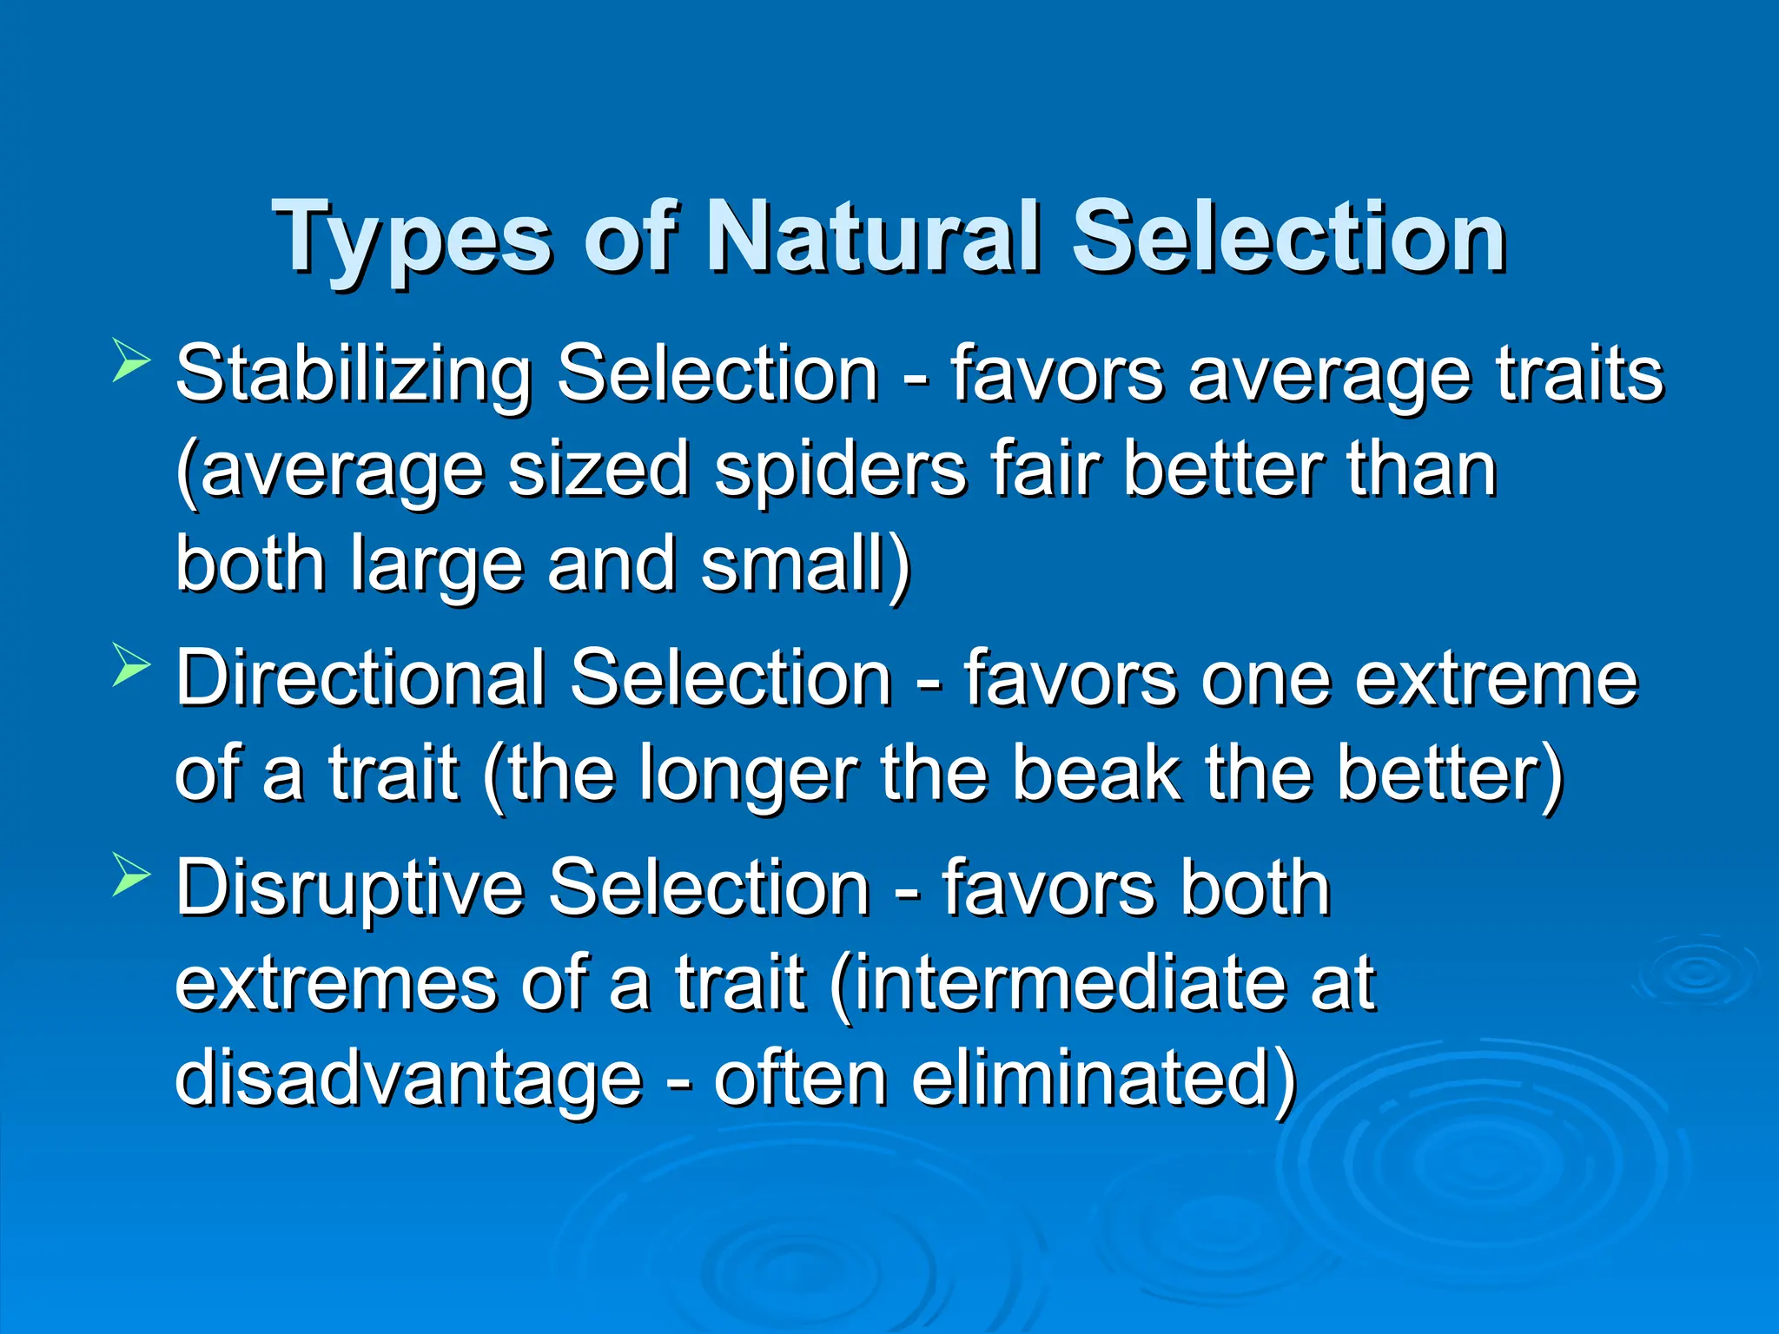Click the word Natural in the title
click(x=873, y=236)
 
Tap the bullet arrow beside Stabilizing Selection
click(x=131, y=363)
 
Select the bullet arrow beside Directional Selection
click(x=131, y=669)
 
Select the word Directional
click(x=360, y=679)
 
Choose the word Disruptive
click(x=349, y=888)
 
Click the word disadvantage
click(x=408, y=1081)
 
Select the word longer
click(x=748, y=776)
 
